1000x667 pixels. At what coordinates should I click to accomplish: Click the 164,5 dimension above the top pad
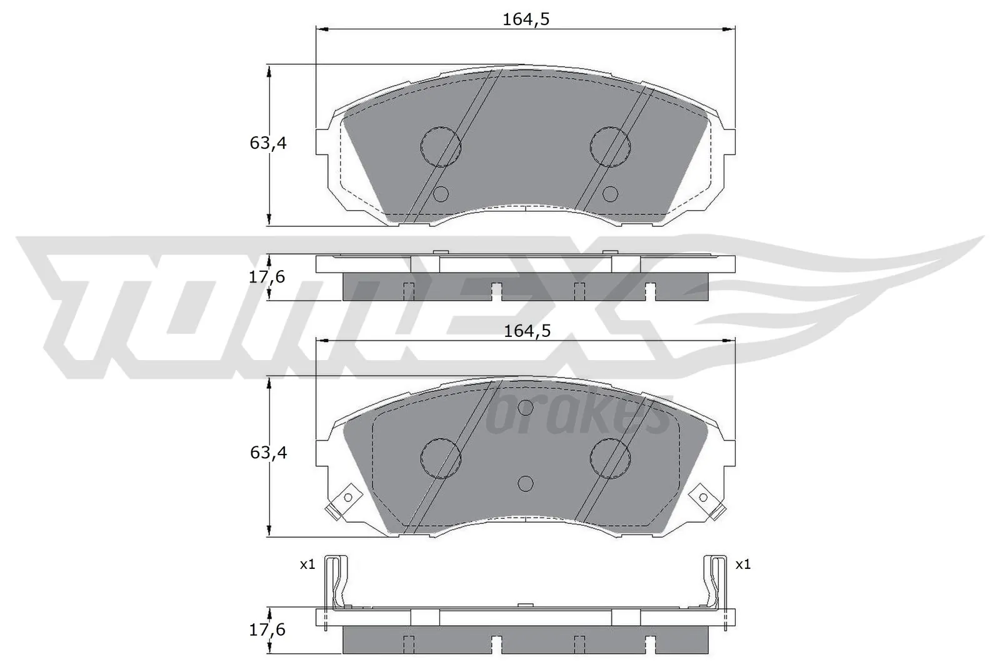coord(526,19)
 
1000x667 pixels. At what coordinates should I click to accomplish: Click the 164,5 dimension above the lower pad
coord(527,331)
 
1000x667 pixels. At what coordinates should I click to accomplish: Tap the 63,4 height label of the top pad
coord(268,143)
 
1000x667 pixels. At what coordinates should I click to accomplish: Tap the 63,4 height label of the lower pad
coord(268,452)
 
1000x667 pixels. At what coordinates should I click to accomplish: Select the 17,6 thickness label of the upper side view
coord(267,276)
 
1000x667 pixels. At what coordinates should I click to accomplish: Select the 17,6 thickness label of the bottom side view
coord(267,629)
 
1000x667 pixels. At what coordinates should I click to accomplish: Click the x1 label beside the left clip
coord(307,564)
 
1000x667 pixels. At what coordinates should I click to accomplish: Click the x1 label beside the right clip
coord(742,564)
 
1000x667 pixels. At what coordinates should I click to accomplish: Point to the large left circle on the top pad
coord(441,146)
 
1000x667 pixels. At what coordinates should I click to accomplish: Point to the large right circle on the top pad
coord(611,146)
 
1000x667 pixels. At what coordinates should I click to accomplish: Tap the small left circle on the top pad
coord(441,194)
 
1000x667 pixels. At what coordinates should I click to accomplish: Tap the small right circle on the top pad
coord(610,194)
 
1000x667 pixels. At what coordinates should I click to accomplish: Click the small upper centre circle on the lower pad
coord(526,408)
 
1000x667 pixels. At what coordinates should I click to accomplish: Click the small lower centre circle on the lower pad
coord(526,483)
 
